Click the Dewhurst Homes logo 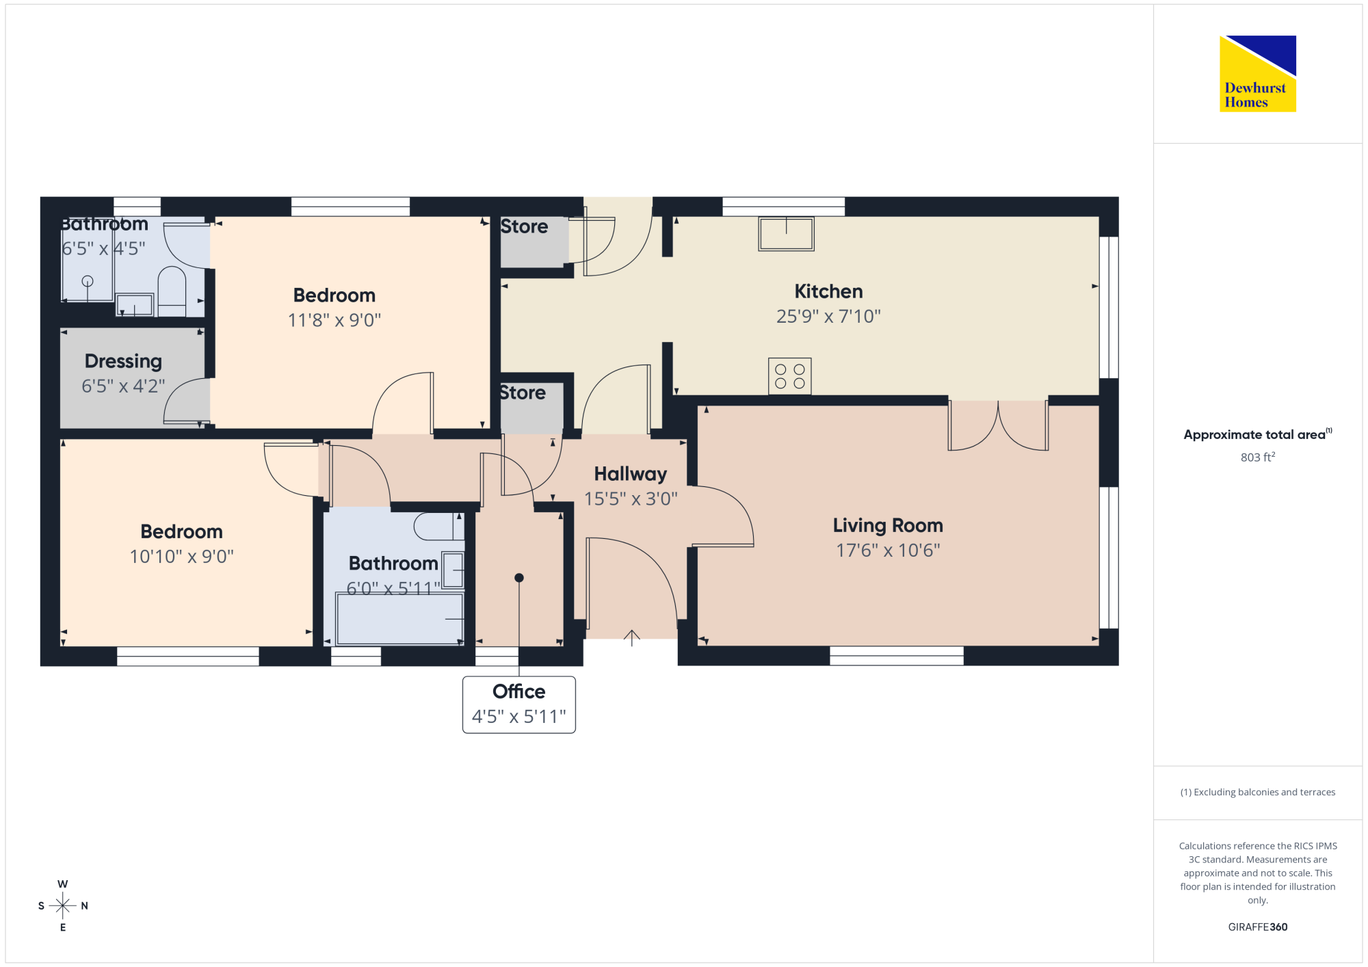click(1258, 73)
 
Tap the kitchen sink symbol click(786, 234)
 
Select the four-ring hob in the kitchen click(790, 376)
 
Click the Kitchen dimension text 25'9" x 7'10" click(828, 317)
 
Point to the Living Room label click(888, 525)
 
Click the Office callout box click(519, 704)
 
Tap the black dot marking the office click(519, 578)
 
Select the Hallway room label click(631, 474)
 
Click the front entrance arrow click(632, 637)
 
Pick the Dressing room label click(123, 361)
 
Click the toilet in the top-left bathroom click(172, 291)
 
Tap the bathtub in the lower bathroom click(400, 619)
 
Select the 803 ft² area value click(1258, 457)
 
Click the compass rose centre click(63, 906)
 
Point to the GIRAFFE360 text click(1258, 927)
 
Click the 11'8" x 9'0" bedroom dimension click(334, 320)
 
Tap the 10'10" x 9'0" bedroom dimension click(182, 557)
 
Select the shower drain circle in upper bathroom click(88, 281)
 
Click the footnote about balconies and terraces click(1258, 792)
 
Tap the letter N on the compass click(85, 906)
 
